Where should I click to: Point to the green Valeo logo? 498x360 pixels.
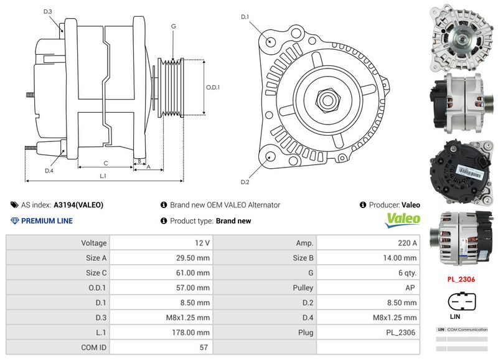(403, 219)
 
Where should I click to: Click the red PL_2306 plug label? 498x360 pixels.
(461, 280)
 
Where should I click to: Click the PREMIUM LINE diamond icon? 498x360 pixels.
(15, 220)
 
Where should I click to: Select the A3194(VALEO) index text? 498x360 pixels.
(78, 204)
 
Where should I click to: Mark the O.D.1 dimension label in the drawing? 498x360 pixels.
(213, 87)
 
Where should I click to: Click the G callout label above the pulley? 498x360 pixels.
(173, 26)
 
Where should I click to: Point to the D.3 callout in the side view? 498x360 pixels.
(48, 11)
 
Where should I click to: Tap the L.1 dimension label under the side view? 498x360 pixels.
(103, 176)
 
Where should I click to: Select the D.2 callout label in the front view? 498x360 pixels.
(245, 182)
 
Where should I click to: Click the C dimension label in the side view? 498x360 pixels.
(105, 163)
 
